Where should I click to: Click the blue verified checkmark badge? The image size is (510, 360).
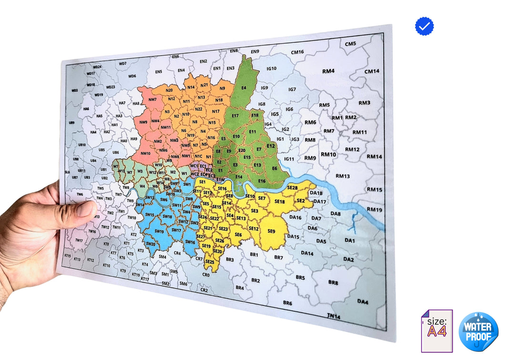click(x=424, y=26)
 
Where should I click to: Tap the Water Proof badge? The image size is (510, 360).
click(x=479, y=332)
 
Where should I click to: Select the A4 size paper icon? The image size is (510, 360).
click(x=437, y=331)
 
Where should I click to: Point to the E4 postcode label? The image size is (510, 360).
click(x=244, y=88)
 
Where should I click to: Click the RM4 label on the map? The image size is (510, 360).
click(x=328, y=71)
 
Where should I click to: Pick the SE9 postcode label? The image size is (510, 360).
click(x=271, y=231)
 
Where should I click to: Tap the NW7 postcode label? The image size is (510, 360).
click(x=153, y=100)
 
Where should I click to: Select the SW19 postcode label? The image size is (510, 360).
click(x=159, y=231)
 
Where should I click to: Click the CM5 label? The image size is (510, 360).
click(x=350, y=44)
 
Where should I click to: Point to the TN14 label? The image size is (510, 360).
click(x=334, y=316)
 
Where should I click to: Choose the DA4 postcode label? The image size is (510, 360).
click(x=363, y=301)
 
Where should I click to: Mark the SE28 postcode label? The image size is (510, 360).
click(x=292, y=188)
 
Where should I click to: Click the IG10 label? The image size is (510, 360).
click(x=271, y=69)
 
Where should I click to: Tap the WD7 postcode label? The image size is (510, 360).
click(x=122, y=63)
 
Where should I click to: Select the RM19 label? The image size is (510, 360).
click(x=375, y=210)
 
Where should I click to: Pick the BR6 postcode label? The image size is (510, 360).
click(x=287, y=303)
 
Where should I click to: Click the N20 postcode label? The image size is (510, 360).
click(x=169, y=90)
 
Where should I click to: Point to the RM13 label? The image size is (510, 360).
click(x=342, y=176)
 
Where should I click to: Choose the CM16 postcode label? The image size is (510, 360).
click(x=297, y=52)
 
